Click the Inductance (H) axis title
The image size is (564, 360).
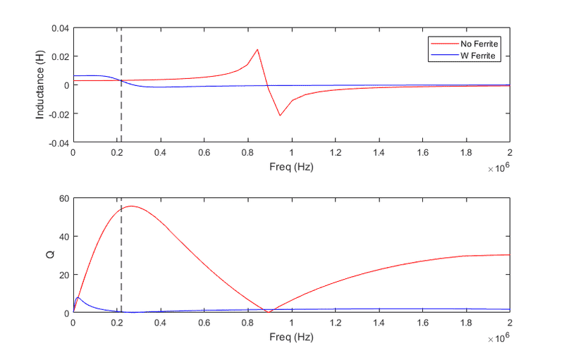(x=42, y=85)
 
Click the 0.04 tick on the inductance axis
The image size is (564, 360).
(x=59, y=28)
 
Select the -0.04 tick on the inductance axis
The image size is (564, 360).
(x=58, y=142)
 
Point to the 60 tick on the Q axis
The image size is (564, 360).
(x=63, y=199)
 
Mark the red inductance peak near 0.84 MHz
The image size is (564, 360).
(x=257, y=49)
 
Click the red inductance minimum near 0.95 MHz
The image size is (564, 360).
(x=280, y=116)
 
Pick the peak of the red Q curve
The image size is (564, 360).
(x=130, y=206)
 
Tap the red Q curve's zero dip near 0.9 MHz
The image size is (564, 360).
(x=269, y=312)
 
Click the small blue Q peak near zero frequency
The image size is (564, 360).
(x=78, y=297)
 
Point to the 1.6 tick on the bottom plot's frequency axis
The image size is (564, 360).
(x=422, y=323)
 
